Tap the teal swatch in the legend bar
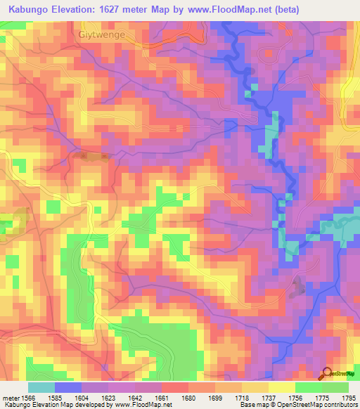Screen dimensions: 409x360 click(41, 387)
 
